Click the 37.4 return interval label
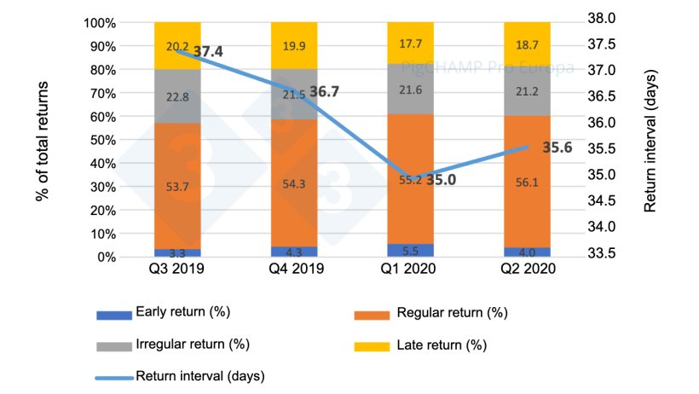208,52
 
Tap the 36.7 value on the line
324,92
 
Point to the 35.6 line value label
557,148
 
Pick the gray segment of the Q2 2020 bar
527,91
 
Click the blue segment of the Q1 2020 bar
410,250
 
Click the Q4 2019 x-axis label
294,269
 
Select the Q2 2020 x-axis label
527,269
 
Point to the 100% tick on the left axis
101,22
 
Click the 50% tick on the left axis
105,139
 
